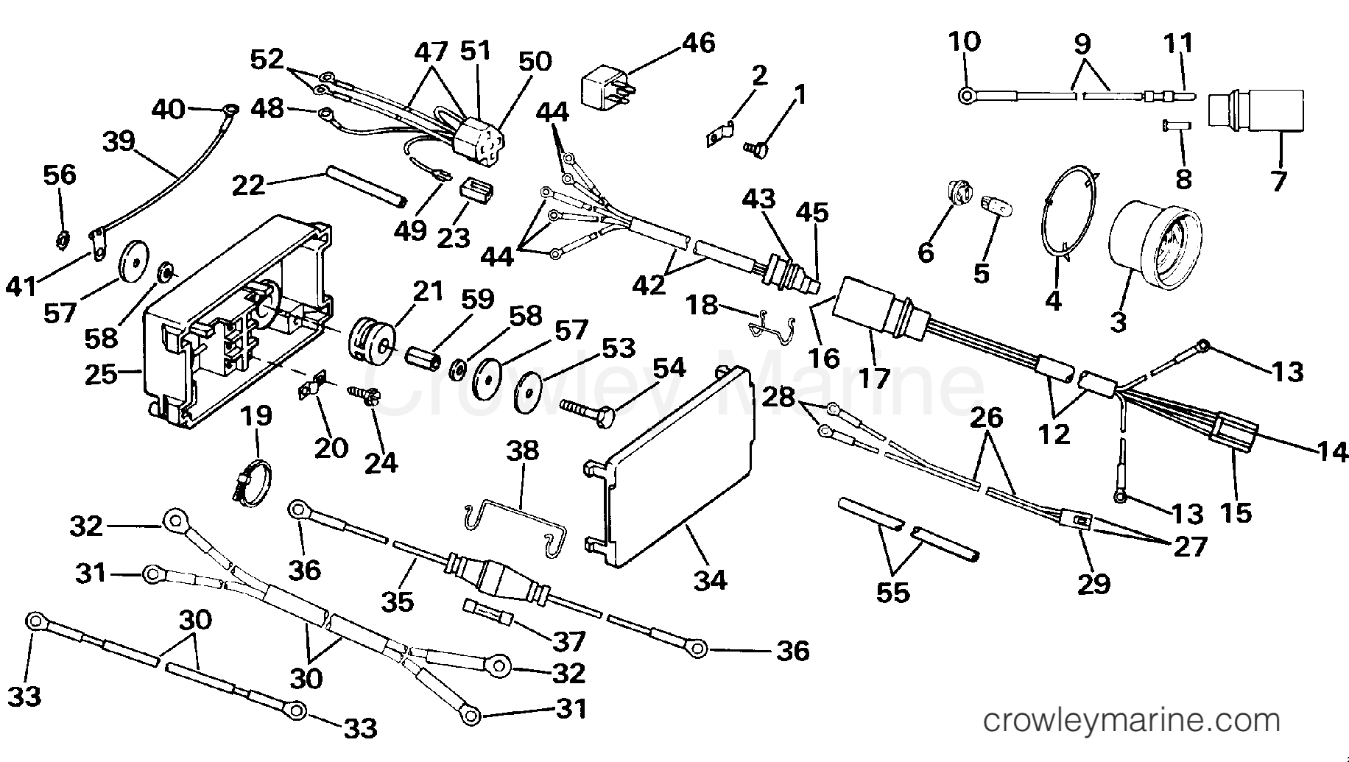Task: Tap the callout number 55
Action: pyautogui.click(x=892, y=591)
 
